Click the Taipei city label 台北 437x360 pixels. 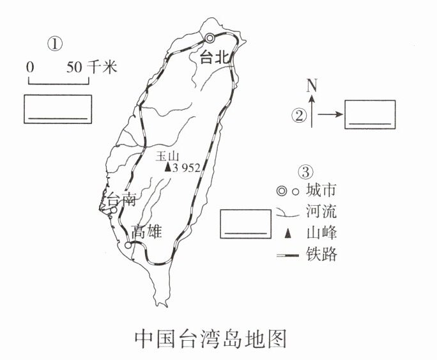[214, 57]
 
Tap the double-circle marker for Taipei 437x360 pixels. [210, 38]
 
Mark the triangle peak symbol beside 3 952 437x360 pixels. [167, 168]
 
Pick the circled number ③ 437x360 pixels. [306, 172]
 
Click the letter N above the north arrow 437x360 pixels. [312, 84]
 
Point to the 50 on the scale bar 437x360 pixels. [74, 66]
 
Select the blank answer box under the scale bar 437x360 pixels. [57, 109]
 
